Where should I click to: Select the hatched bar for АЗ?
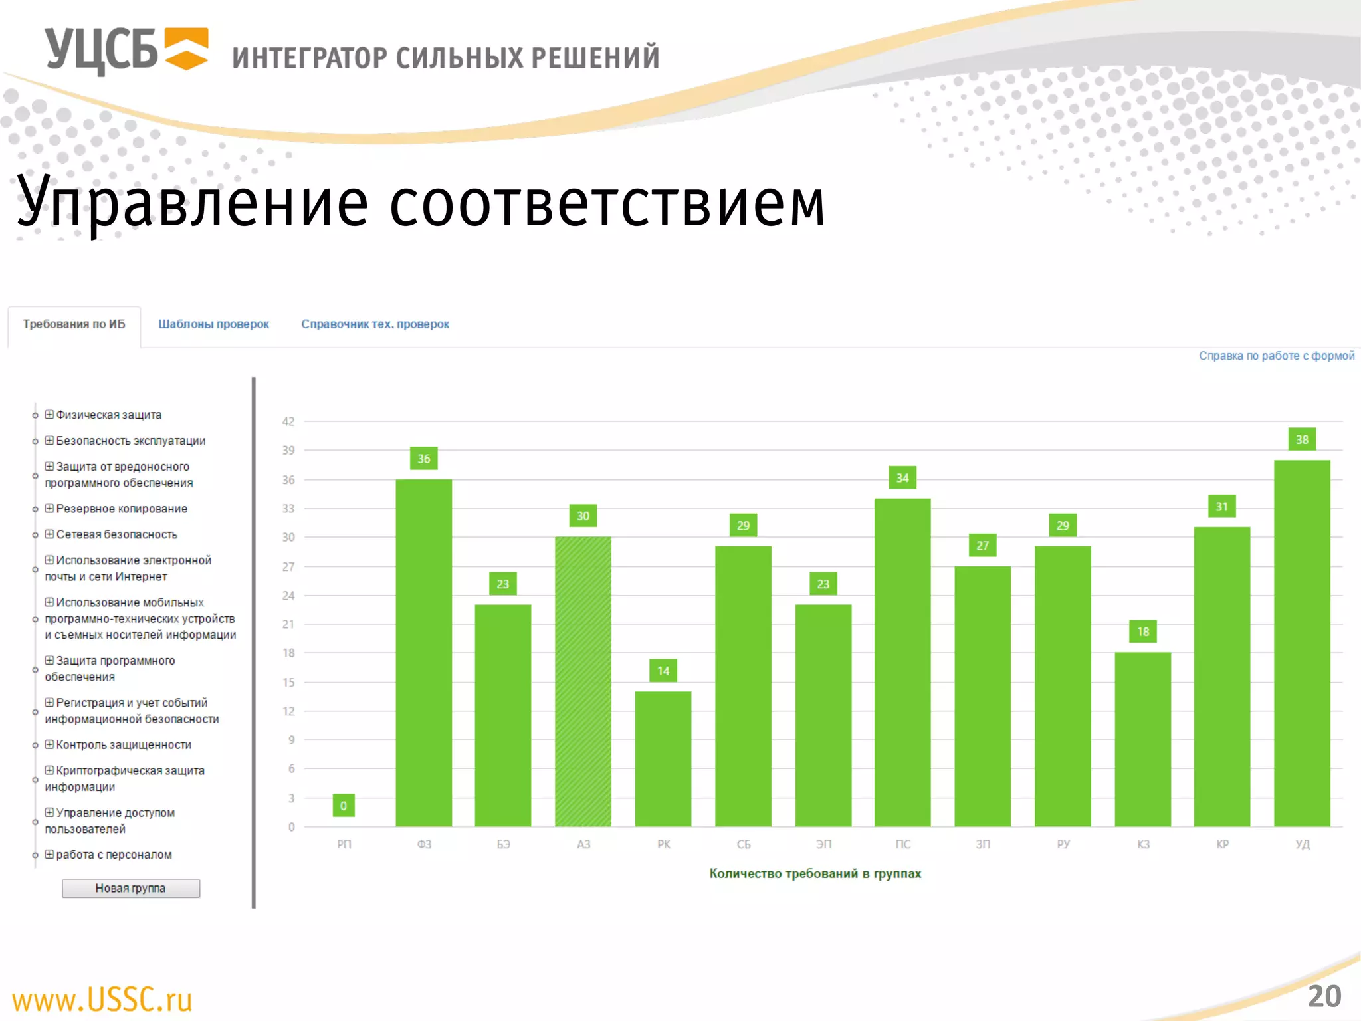[x=583, y=681]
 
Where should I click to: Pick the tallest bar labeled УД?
[x=1302, y=643]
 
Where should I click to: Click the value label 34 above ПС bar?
[x=902, y=477]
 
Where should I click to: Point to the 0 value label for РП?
[x=344, y=806]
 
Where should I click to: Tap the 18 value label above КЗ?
[x=1143, y=631]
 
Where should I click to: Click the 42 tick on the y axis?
[x=288, y=421]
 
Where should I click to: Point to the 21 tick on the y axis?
[x=288, y=624]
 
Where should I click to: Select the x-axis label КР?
[x=1222, y=844]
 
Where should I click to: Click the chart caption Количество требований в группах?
[x=815, y=873]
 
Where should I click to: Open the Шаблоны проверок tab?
[x=213, y=324]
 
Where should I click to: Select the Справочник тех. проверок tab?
[x=375, y=324]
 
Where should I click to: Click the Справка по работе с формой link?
[x=1276, y=356]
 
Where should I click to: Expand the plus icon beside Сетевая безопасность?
[x=49, y=534]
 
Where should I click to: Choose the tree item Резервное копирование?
[x=122, y=509]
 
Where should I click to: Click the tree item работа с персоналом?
[x=114, y=855]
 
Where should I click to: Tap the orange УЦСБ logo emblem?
[x=187, y=49]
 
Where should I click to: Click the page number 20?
[x=1324, y=996]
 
